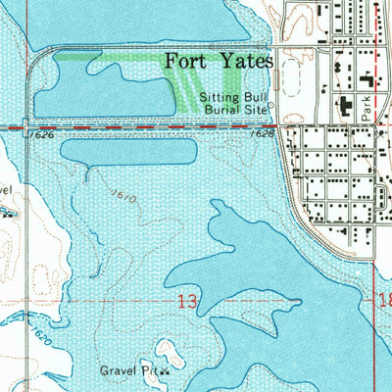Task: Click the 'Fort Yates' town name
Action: [218, 62]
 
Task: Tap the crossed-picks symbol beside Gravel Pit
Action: [166, 371]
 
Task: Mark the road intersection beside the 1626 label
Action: [27, 127]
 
